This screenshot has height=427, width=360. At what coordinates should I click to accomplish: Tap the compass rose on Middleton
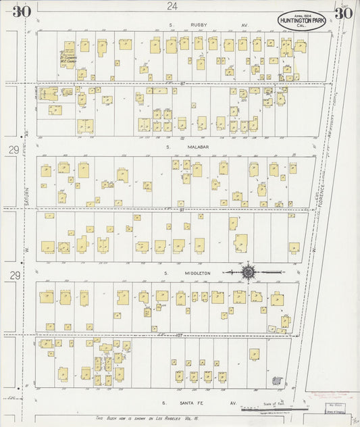click(248, 273)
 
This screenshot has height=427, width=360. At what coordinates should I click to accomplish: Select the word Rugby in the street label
click(199, 25)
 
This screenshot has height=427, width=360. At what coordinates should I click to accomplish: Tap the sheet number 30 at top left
click(21, 11)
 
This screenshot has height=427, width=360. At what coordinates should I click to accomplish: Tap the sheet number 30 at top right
click(342, 14)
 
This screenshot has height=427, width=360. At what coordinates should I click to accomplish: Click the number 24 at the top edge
click(173, 6)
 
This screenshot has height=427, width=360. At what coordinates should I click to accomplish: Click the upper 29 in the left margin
click(14, 149)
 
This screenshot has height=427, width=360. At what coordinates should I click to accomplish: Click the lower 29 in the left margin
click(14, 274)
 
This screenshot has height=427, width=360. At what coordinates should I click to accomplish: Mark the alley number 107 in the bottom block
click(160, 334)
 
